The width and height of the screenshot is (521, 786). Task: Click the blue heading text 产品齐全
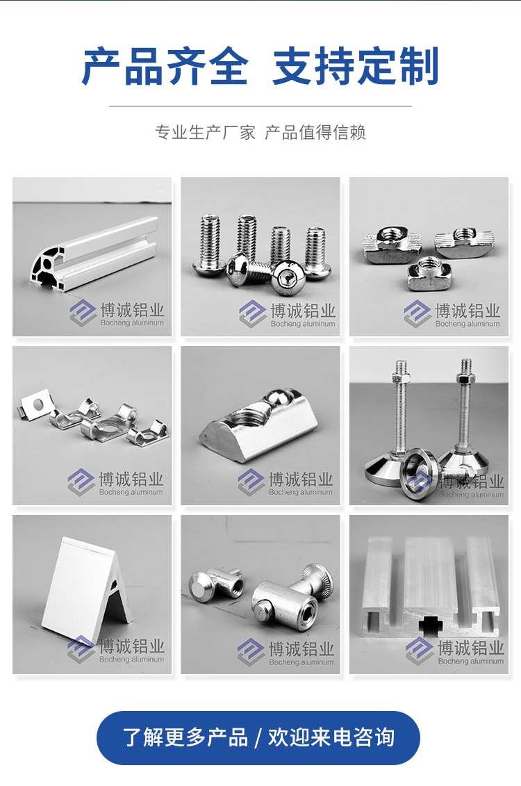point(165,65)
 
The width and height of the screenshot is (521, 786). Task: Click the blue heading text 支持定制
point(356,65)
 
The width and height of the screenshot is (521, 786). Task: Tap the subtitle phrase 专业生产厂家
point(205,132)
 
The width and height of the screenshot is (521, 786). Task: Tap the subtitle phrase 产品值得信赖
point(315,132)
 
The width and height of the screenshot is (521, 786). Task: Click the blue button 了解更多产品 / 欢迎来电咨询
point(258,737)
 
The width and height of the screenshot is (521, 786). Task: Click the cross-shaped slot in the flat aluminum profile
point(431,625)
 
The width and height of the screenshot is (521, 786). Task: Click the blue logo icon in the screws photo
point(252,314)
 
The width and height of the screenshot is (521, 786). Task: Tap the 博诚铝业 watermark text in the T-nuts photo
point(468,310)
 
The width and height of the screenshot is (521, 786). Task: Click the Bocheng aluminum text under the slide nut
point(301,492)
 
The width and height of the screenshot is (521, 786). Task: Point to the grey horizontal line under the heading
point(260,106)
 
